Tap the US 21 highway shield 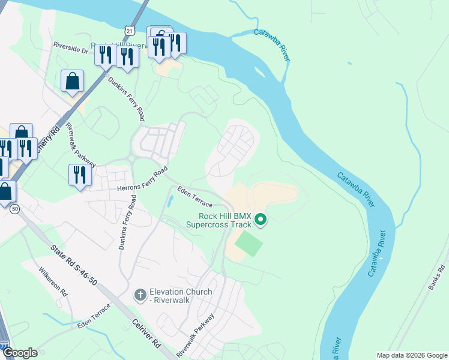[x=130, y=30]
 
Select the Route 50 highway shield [x=13, y=208]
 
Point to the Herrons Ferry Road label [x=142, y=181]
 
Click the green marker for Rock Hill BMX [x=261, y=220]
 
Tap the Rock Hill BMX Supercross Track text [x=217, y=220]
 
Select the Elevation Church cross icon [x=140, y=295]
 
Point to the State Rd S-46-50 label [x=73, y=264]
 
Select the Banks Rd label [x=436, y=277]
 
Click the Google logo [x=20, y=353]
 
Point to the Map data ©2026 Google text [x=412, y=355]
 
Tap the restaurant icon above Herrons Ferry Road [x=79, y=175]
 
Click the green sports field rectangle [x=248, y=244]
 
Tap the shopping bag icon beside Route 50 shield [x=5, y=192]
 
